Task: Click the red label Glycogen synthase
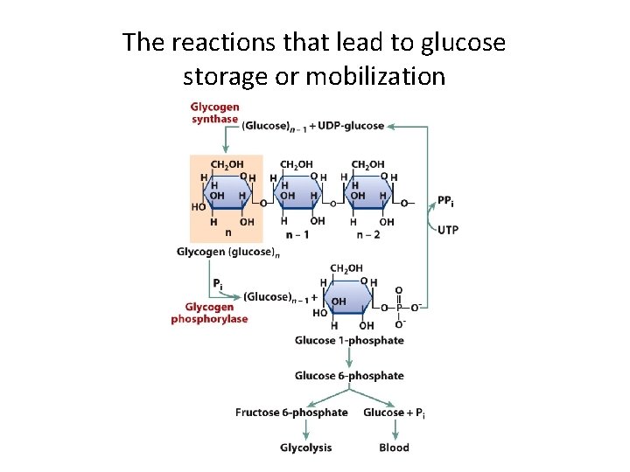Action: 214,113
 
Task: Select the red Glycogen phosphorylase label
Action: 209,313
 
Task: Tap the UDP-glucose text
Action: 351,126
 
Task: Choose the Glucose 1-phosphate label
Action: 349,340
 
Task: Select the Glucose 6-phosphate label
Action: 349,376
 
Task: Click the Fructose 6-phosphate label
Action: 291,413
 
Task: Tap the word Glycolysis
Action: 306,448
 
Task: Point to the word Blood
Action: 394,448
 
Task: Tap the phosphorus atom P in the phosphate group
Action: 399,307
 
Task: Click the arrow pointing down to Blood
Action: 395,428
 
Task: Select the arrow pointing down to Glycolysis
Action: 306,428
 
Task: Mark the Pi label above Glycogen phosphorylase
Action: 217,284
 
